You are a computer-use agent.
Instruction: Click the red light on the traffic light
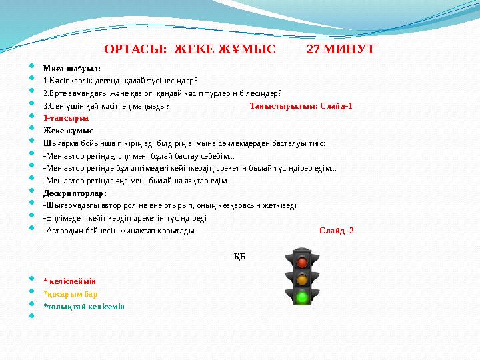[302, 262]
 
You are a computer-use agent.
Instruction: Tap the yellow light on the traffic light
[302, 279]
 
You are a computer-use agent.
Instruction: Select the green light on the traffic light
[302, 296]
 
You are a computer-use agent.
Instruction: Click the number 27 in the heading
[313, 49]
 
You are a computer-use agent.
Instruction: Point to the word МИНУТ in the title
[349, 49]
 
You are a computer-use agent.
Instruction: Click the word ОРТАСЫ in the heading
[135, 49]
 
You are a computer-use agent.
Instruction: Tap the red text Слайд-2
[337, 231]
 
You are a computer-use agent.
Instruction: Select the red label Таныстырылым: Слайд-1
[301, 106]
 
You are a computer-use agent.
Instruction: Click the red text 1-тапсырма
[66, 118]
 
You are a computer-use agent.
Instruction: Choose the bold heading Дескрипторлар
[75, 193]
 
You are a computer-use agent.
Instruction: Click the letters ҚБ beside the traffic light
[240, 257]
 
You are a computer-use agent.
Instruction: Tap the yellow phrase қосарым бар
[71, 294]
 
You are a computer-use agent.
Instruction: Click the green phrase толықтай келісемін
[84, 307]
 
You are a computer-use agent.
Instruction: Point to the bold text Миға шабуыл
[71, 69]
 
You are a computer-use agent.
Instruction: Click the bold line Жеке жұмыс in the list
[68, 131]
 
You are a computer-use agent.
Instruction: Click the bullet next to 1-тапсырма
[31, 116]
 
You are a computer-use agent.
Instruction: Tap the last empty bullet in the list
[31, 315]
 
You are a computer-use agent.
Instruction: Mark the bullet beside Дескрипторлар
[31, 191]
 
